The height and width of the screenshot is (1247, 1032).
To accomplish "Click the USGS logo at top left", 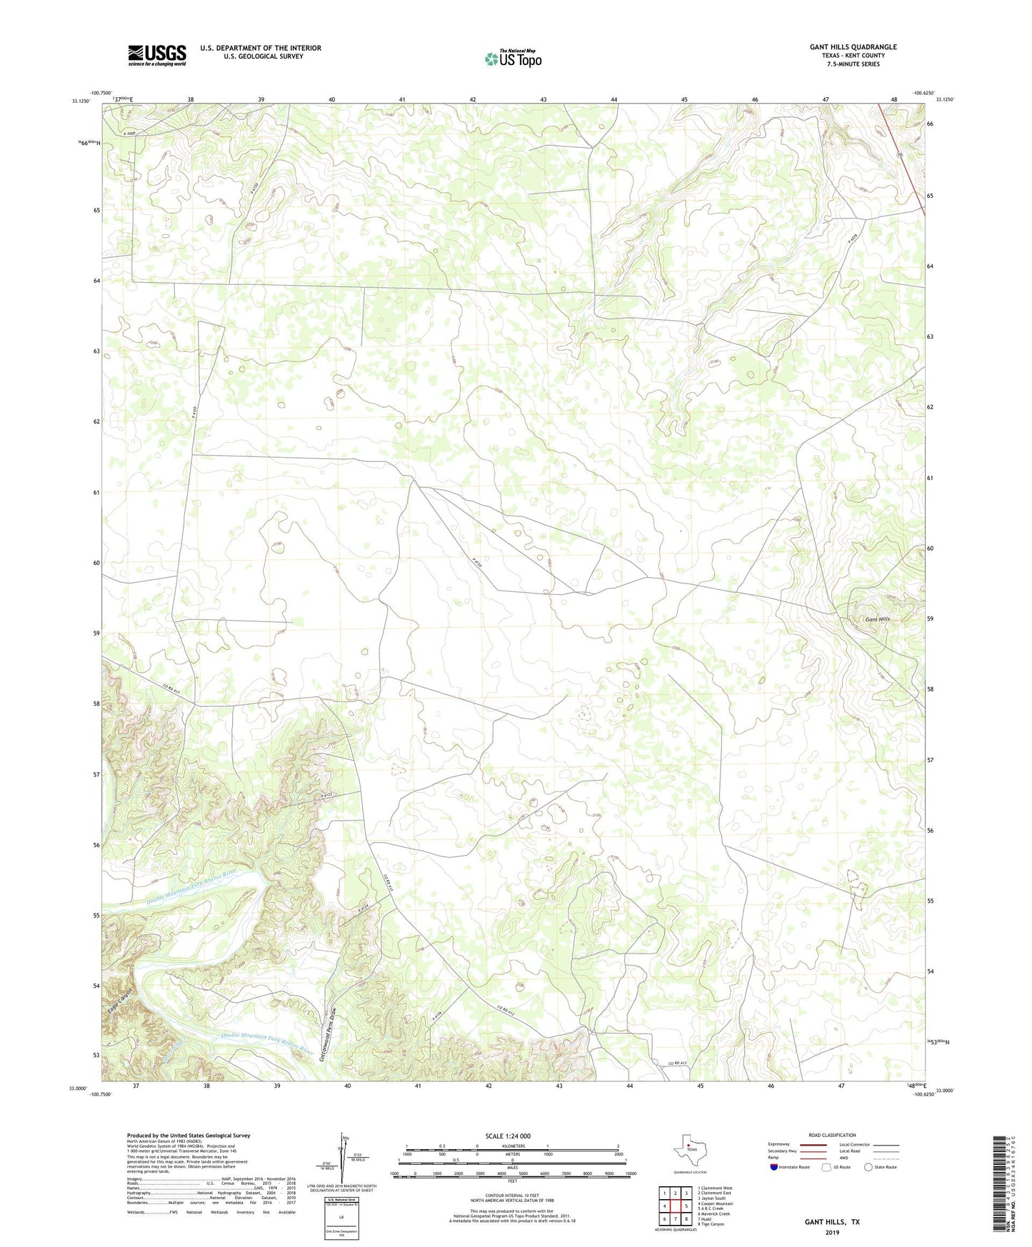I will coord(157,55).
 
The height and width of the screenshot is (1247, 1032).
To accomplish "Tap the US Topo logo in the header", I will coord(513,58).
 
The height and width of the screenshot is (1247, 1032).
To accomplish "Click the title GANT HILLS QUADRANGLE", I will coord(853,47).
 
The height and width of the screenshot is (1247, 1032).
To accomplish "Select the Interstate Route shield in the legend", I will coord(774,1167).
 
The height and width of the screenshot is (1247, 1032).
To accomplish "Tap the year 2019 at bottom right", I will coord(831,1232).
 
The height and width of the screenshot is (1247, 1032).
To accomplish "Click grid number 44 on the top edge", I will coord(613,99).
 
